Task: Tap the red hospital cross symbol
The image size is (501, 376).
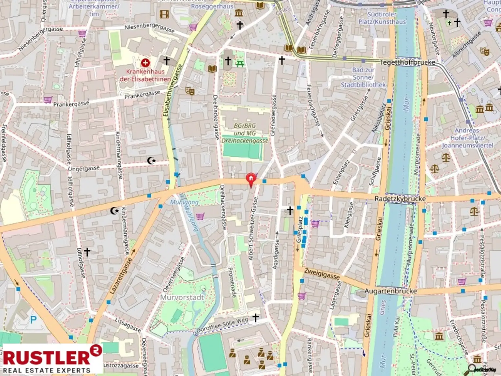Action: [x=145, y=62]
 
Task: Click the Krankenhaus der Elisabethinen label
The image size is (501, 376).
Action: [x=145, y=75]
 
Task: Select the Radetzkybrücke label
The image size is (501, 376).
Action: [x=400, y=198]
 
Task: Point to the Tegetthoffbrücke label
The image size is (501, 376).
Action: [x=407, y=62]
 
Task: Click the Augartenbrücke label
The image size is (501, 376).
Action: [x=390, y=291]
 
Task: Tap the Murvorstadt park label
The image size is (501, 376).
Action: [x=182, y=297]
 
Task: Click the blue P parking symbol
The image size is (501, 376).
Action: [x=33, y=320]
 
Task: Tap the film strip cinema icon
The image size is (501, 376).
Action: [x=164, y=14]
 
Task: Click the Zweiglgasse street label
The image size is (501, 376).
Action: [x=322, y=273]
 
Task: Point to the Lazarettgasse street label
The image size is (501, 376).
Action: [x=121, y=276]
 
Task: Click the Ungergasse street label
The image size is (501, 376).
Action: [x=83, y=169]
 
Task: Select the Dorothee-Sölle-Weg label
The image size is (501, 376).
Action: [x=222, y=325]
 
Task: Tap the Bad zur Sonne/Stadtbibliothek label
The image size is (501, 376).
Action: [x=363, y=77]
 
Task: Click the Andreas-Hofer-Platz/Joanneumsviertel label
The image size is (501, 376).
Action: [x=467, y=138]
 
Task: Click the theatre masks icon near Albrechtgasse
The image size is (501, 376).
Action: [x=485, y=51]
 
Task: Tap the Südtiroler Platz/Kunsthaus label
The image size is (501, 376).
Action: [x=382, y=18]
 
